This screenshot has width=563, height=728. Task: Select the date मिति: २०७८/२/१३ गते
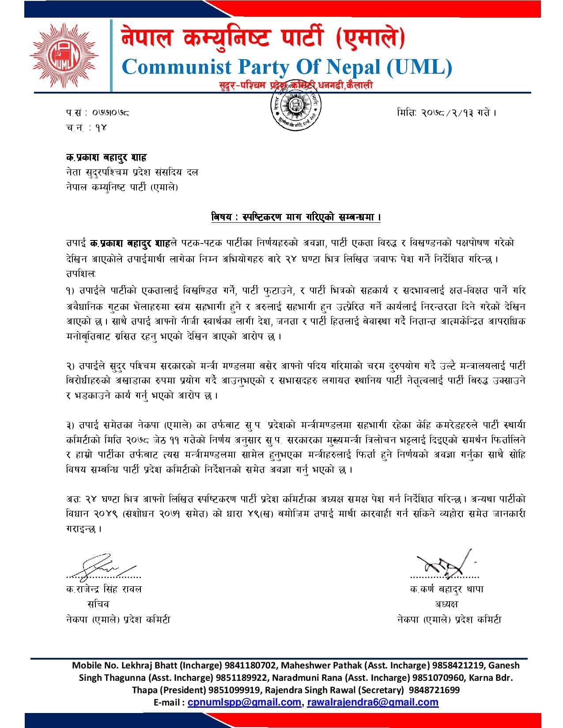[x=447, y=113]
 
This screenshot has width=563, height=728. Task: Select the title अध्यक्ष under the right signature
[x=446, y=604]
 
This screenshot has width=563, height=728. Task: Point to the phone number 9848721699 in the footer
[x=433, y=690]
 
